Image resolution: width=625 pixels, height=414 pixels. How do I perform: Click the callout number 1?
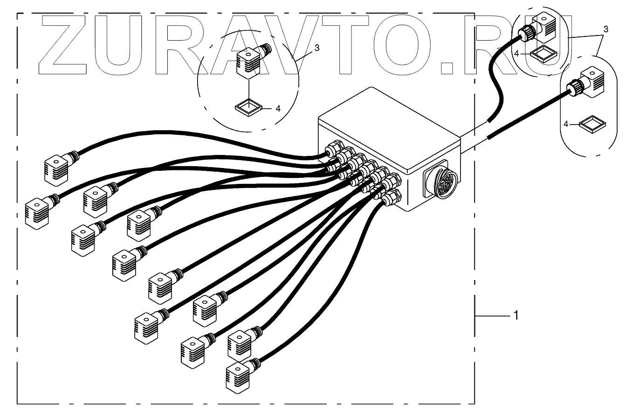(x=515, y=316)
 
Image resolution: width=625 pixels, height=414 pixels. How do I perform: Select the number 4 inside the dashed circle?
(x=278, y=108)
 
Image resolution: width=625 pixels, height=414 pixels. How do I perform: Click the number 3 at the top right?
(x=605, y=29)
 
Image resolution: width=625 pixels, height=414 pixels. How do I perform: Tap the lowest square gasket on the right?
(x=592, y=125)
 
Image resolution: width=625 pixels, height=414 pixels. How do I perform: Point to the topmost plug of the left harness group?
(x=57, y=170)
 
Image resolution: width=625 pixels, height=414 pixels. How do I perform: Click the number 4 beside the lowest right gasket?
(x=567, y=125)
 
